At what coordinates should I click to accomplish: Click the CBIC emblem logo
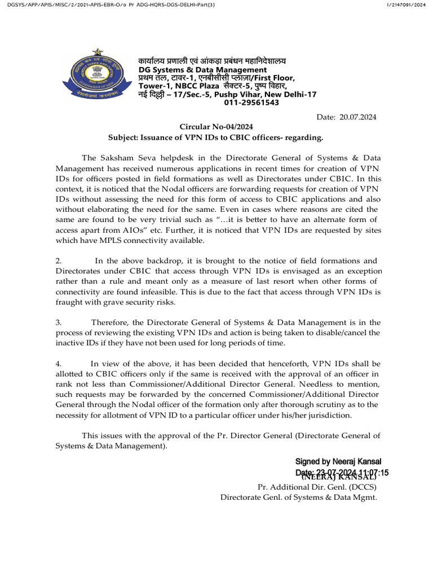pos(96,79)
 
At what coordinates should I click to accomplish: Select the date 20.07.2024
pos(358,117)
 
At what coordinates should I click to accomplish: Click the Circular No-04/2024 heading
pos(216,127)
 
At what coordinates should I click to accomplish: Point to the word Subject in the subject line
pos(124,137)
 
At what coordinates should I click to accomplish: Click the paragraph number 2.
pos(58,261)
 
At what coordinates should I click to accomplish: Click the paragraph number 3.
pos(58,322)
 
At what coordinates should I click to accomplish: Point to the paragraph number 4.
pos(58,363)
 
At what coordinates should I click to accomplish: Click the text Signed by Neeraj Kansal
pos(342,461)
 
